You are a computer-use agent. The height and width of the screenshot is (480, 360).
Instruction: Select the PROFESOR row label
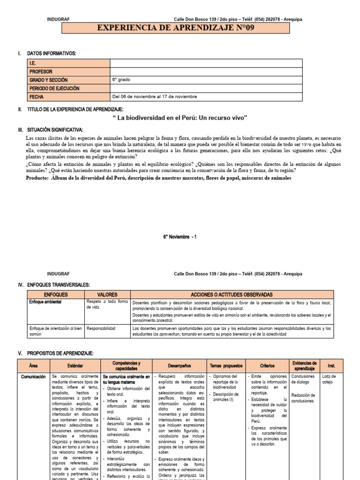[x=41, y=72]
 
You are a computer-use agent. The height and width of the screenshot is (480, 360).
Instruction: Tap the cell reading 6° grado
[x=121, y=80]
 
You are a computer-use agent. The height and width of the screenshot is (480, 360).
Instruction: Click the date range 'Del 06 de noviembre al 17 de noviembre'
[x=155, y=97]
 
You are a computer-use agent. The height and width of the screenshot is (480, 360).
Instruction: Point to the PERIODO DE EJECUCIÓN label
[x=54, y=88]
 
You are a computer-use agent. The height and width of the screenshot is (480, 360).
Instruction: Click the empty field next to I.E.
[x=206, y=63]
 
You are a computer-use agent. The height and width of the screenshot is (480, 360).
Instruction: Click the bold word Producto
[x=37, y=178]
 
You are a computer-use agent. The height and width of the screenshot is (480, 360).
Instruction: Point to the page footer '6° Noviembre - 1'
[x=180, y=237]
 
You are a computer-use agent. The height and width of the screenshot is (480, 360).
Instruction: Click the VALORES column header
[x=107, y=294]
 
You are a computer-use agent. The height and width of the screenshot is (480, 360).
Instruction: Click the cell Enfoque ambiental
[x=46, y=302]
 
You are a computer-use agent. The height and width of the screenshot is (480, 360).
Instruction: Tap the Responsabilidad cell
[x=101, y=329]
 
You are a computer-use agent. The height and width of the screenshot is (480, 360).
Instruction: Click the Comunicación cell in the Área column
[x=33, y=376]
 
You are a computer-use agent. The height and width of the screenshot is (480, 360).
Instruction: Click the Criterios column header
[x=268, y=365]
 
